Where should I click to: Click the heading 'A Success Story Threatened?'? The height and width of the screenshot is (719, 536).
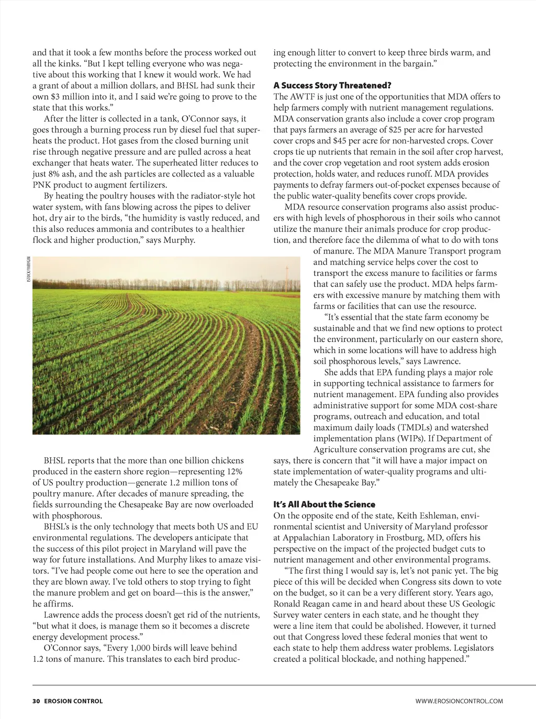332,85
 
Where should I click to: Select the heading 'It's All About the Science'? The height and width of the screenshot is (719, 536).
324,504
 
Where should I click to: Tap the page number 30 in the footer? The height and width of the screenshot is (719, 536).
36,701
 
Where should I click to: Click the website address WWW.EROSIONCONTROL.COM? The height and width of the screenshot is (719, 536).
459,701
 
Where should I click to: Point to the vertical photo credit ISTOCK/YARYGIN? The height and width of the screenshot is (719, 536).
28,269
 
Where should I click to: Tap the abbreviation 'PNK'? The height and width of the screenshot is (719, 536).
42,185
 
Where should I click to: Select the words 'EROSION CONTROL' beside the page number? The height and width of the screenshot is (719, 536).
73,701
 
